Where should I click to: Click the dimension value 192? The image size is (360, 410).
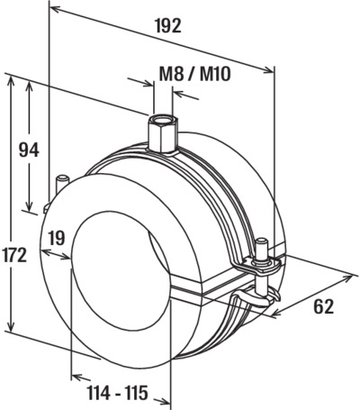169,26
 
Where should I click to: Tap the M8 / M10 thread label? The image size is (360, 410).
195,74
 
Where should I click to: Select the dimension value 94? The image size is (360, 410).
29,150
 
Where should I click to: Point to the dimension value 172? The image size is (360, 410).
13,255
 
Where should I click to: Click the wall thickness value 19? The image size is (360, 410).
57,238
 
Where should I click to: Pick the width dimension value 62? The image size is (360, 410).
324,306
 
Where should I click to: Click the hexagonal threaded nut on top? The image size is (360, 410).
164,133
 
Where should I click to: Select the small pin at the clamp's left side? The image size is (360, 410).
62,184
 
